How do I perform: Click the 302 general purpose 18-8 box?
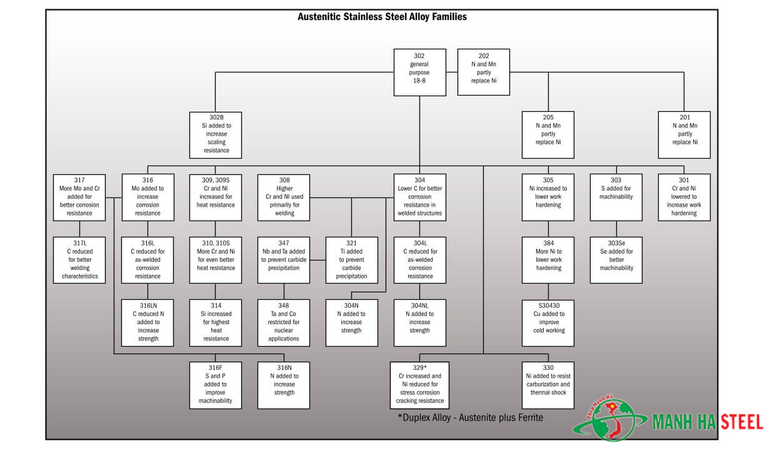(420, 72)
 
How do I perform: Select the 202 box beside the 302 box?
(484, 72)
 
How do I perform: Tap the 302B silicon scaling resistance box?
(216, 134)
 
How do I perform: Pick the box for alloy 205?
(548, 134)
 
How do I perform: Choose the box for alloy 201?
(684, 134)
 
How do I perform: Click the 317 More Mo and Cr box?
(79, 197)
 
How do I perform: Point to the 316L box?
(147, 260)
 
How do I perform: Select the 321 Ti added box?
(352, 260)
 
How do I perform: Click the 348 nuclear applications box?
(284, 322)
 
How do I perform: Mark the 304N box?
(352, 322)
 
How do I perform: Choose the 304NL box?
(420, 322)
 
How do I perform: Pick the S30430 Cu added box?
(548, 322)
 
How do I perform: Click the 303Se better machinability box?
(616, 260)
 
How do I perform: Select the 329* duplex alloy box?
(420, 385)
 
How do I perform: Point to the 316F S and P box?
(216, 385)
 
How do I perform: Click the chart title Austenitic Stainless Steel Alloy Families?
(382, 17)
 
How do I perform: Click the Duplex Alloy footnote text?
(470, 417)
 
